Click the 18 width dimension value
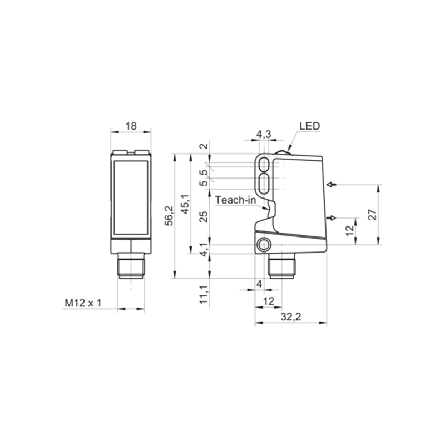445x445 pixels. pos(131,126)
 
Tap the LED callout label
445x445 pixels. pos(310,126)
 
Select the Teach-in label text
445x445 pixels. pos(235,200)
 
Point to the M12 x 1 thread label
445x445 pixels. pos(83,303)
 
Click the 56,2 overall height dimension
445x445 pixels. pos(169,215)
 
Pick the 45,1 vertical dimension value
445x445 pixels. pos(185,204)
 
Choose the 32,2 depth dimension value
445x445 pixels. pos(290,317)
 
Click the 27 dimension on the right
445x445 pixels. pos(373,215)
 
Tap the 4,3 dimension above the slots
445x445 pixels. pos(264,134)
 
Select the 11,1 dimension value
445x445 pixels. pos(204,295)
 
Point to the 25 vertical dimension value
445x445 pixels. pos(204,217)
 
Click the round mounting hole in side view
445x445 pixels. pos(264,245)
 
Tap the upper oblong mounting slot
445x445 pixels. pos(265,164)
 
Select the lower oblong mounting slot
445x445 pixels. pos(265,184)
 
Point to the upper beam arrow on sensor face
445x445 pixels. pos(332,185)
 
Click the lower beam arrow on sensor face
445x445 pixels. pos(332,218)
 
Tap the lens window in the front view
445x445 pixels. pos(131,198)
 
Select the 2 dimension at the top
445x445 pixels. pos(204,146)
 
